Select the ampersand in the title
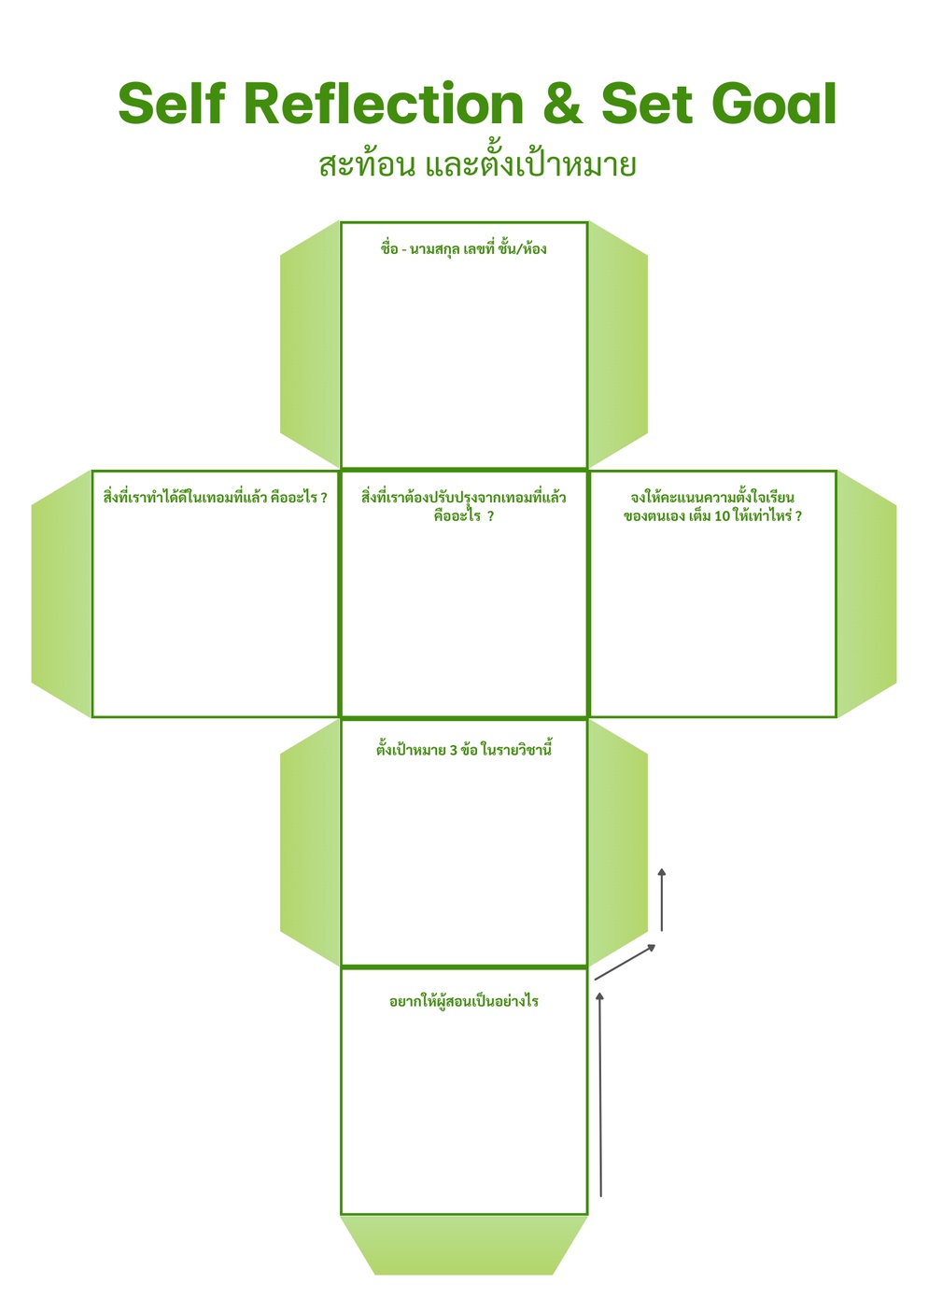click(x=560, y=104)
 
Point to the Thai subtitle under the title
click(x=477, y=165)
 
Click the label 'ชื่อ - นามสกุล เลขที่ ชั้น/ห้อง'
click(x=463, y=249)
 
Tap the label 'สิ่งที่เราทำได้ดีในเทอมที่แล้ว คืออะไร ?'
click(x=216, y=498)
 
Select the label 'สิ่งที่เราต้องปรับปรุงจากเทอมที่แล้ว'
click(x=463, y=498)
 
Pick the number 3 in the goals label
click(x=453, y=750)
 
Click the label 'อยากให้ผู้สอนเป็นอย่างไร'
click(x=463, y=1002)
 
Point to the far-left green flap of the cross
click(x=62, y=594)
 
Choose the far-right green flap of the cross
click(x=866, y=594)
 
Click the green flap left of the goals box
click(x=311, y=842)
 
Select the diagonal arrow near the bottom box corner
click(x=625, y=963)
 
